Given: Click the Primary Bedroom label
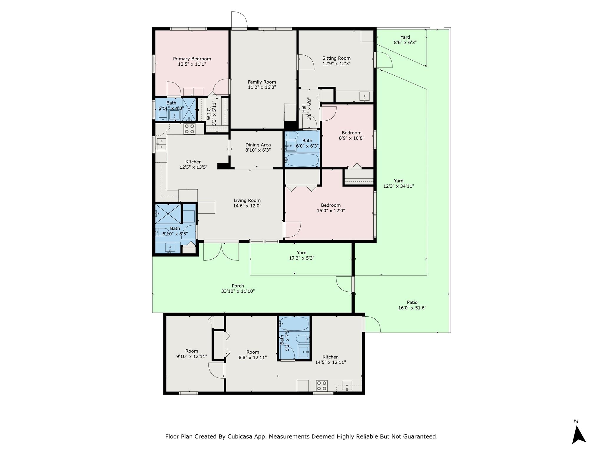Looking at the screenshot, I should click(x=192, y=59).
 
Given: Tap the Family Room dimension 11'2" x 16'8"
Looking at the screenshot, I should click(x=262, y=87).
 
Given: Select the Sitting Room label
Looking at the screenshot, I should click(x=336, y=58).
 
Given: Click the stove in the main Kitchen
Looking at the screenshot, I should click(x=189, y=129).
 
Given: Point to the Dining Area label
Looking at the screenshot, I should click(x=258, y=145).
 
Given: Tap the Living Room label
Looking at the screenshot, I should click(x=247, y=200).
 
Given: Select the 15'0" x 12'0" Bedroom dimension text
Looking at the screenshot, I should click(x=331, y=211).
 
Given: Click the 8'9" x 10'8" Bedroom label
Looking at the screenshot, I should click(x=351, y=133).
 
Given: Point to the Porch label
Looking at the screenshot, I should click(x=238, y=286).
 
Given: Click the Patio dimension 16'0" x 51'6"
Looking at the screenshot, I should click(x=412, y=308).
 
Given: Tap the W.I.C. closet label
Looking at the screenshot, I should click(x=209, y=113).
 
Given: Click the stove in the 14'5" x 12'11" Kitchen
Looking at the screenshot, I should click(x=322, y=386).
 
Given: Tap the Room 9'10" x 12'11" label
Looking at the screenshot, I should click(x=192, y=351).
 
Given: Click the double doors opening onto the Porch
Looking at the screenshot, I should click(x=221, y=252).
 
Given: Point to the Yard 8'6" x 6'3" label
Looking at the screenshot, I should click(x=405, y=37).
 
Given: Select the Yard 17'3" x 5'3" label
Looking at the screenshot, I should click(x=301, y=252).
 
